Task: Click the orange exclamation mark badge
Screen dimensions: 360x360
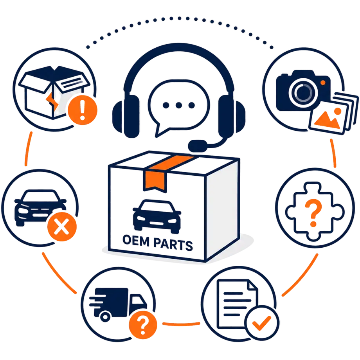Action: coord(83,110)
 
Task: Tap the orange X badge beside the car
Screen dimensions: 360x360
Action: coord(62,227)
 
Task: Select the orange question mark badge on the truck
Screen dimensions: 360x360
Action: coord(143,325)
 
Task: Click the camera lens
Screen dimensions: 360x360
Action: coord(303,93)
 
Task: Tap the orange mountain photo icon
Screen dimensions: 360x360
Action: coord(328,119)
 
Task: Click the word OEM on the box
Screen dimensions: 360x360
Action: coord(136,240)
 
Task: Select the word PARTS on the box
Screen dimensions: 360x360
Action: coord(173,244)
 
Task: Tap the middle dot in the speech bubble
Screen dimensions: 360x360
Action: coord(178,105)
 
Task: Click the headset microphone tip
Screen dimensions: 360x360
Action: coord(198,146)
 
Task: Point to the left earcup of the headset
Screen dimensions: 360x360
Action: coord(126,116)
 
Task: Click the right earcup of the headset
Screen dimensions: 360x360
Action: coord(231,116)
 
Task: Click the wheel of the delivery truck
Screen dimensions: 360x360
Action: coord(105,317)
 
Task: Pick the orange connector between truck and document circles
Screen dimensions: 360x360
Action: coord(181,324)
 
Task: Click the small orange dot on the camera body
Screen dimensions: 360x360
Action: coord(322,83)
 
